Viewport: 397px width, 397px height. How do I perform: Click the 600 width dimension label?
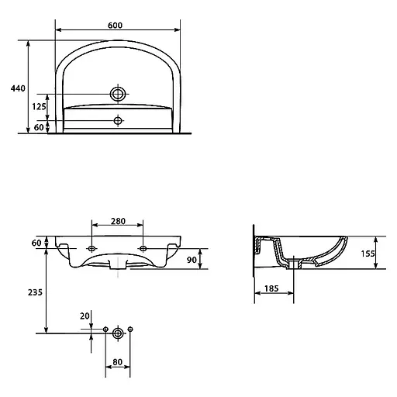[x=115, y=26]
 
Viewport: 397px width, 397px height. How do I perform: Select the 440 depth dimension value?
[x=18, y=88]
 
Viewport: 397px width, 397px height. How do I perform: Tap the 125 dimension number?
[x=39, y=106]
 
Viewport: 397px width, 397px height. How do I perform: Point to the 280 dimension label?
[x=118, y=221]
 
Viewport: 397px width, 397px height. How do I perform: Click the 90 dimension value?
[x=192, y=260]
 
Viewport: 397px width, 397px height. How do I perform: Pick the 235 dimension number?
[x=35, y=292]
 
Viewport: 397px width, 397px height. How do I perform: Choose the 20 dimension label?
[x=85, y=316]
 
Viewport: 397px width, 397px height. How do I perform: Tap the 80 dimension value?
[x=118, y=362]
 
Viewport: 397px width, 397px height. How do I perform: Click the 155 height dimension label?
[x=368, y=254]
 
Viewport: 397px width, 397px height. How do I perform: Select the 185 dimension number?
[x=271, y=288]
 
